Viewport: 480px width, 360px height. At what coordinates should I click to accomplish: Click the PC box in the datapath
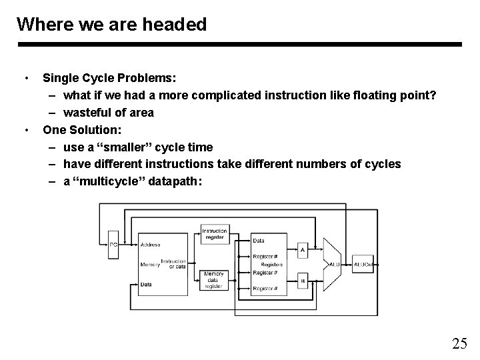(113, 244)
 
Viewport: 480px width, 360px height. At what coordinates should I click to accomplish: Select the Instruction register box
(215, 235)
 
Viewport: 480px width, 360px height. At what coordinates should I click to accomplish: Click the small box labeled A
(302, 251)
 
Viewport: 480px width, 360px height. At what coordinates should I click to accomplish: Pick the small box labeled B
(302, 281)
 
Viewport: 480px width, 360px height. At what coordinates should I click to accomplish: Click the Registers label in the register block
(272, 265)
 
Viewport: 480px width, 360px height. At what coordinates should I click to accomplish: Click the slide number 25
(459, 344)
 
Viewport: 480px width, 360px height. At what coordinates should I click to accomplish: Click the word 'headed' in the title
(177, 25)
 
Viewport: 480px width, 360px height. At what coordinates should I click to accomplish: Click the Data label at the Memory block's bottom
(146, 284)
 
